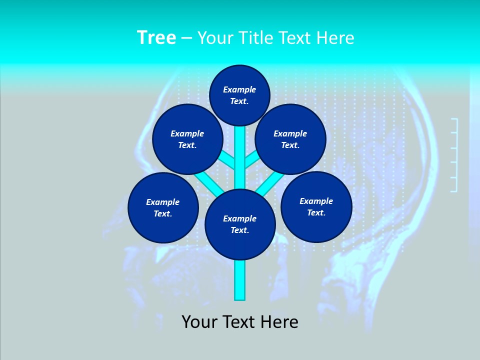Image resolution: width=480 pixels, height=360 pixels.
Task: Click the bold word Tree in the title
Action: [x=156, y=38]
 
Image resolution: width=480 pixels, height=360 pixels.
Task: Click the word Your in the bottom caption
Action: [x=199, y=322]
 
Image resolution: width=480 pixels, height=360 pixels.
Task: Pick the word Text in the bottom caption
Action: [x=238, y=322]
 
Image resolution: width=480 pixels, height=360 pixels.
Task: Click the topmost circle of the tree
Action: [x=239, y=95]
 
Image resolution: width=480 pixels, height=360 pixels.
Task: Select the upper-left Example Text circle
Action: [x=187, y=139]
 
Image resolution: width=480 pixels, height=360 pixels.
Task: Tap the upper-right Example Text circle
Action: [x=290, y=139]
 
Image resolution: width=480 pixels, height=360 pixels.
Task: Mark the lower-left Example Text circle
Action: [x=163, y=207]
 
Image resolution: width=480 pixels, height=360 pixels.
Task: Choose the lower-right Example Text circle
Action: [x=316, y=206]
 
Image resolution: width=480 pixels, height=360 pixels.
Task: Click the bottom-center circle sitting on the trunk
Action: [x=240, y=224]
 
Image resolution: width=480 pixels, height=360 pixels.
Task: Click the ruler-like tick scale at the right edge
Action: [x=454, y=155]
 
